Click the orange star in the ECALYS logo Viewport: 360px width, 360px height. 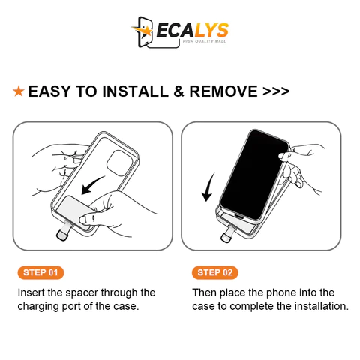(x=143, y=31)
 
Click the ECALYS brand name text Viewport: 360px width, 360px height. (x=193, y=31)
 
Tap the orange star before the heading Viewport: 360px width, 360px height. (x=19, y=91)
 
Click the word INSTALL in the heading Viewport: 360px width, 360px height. (x=135, y=91)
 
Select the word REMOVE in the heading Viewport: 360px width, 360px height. (x=223, y=91)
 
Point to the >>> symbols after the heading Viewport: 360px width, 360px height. (x=276, y=91)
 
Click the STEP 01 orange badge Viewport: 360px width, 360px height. (x=40, y=272)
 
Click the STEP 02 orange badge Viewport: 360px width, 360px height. (x=215, y=272)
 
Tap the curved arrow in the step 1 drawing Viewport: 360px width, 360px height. (x=93, y=184)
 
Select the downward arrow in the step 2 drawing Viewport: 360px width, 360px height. (x=208, y=187)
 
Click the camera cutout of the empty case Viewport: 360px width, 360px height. (x=119, y=163)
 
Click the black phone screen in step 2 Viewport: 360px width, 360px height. (x=253, y=174)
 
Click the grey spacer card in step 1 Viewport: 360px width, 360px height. (x=75, y=211)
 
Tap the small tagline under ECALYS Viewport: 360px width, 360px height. (x=204, y=41)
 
